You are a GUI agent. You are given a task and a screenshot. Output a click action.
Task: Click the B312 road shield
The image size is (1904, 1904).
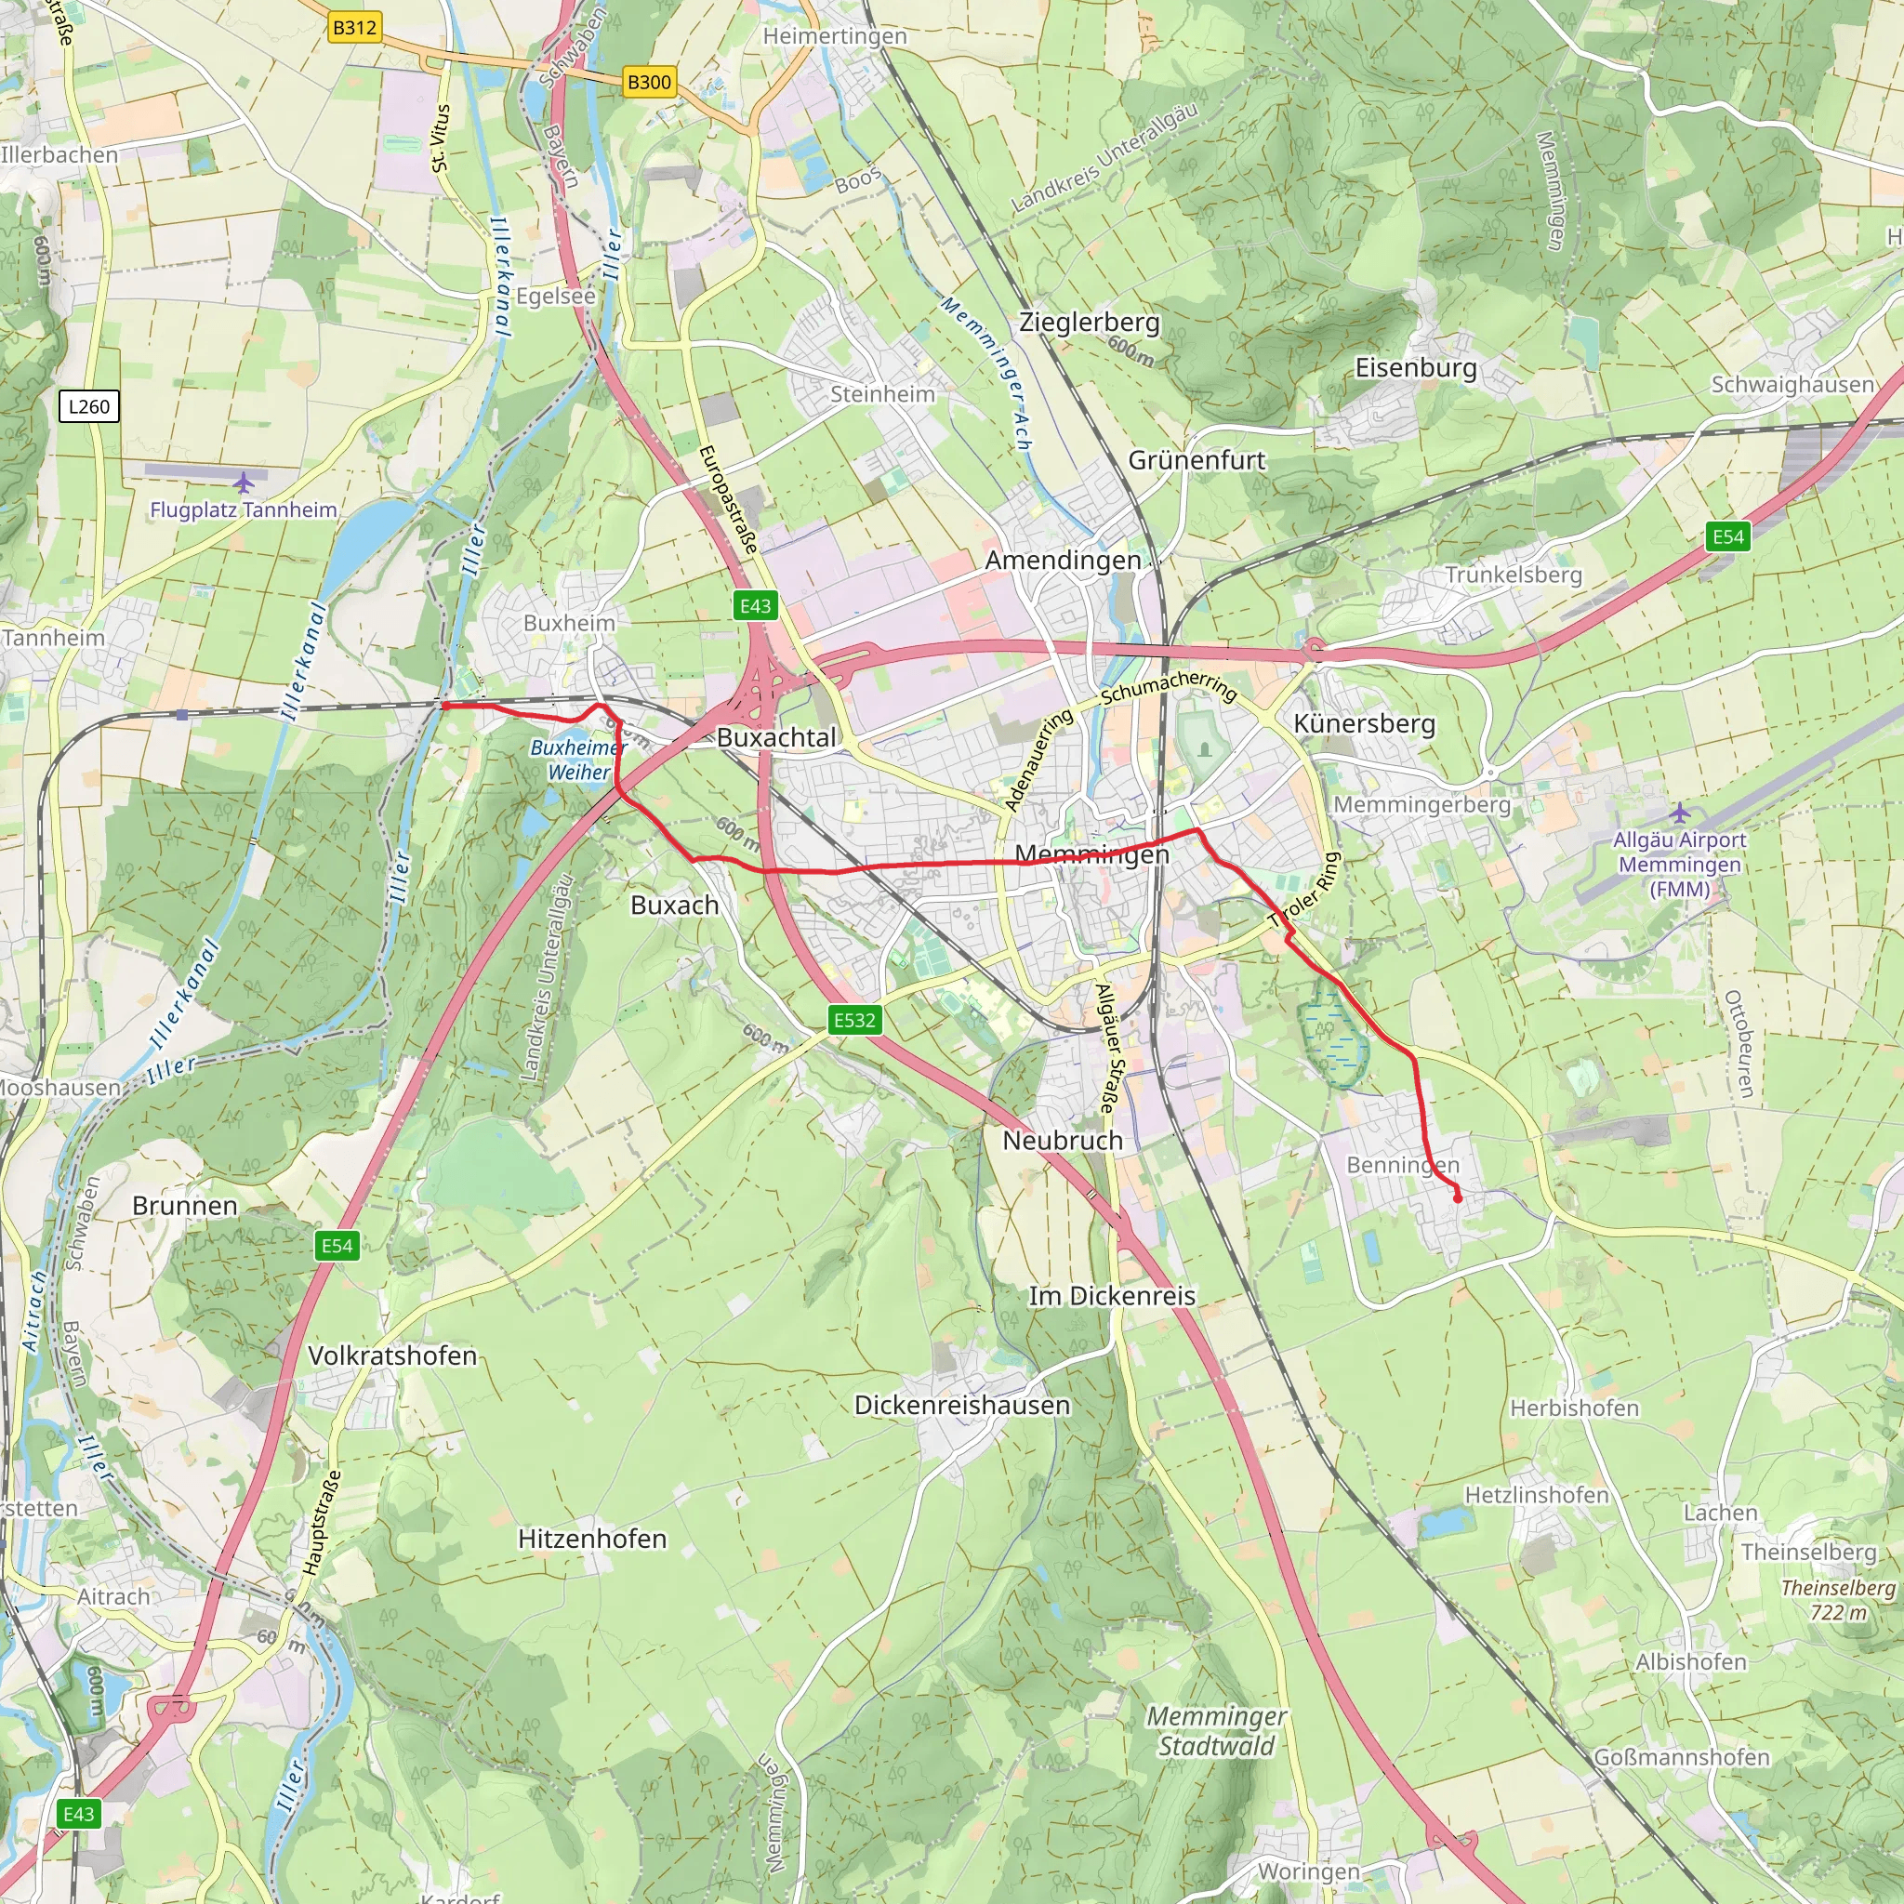tap(354, 27)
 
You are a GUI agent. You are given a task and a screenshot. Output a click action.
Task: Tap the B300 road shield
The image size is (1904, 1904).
tap(650, 82)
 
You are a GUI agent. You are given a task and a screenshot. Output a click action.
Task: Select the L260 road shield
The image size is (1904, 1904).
tap(88, 406)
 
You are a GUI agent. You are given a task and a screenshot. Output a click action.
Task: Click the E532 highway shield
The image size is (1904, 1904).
tap(854, 1020)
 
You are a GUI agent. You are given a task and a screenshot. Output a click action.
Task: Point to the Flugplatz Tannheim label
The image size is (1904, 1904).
tap(243, 509)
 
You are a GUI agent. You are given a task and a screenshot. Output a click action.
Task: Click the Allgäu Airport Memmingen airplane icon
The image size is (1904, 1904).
tap(1679, 813)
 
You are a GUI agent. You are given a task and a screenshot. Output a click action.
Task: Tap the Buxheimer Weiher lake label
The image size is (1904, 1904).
tap(578, 760)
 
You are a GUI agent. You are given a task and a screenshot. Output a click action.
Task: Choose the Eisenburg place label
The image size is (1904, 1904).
tap(1415, 367)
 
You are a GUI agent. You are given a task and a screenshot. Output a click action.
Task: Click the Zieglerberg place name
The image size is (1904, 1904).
tap(1089, 323)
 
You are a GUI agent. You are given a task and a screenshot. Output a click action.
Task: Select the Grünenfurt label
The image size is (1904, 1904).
tap(1197, 460)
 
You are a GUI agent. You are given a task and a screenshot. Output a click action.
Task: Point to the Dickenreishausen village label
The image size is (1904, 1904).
tap(962, 1405)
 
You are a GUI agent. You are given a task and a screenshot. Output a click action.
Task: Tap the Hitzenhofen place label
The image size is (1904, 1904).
tap(592, 1539)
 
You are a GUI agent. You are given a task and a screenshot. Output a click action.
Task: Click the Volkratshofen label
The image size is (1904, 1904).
tap(392, 1355)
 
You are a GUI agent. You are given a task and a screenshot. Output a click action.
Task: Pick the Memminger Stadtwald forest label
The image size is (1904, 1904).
tap(1216, 1730)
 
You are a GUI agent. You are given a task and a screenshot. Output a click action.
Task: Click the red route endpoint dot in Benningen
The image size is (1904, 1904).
tap(1458, 1198)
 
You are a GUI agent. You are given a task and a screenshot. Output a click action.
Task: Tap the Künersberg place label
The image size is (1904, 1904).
tap(1364, 723)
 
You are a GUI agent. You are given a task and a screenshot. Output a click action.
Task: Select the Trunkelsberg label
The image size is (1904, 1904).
tap(1513, 575)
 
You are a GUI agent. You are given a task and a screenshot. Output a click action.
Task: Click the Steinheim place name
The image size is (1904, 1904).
tap(882, 394)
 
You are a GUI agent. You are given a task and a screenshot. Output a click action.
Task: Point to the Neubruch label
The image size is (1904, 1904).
tap(1063, 1140)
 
